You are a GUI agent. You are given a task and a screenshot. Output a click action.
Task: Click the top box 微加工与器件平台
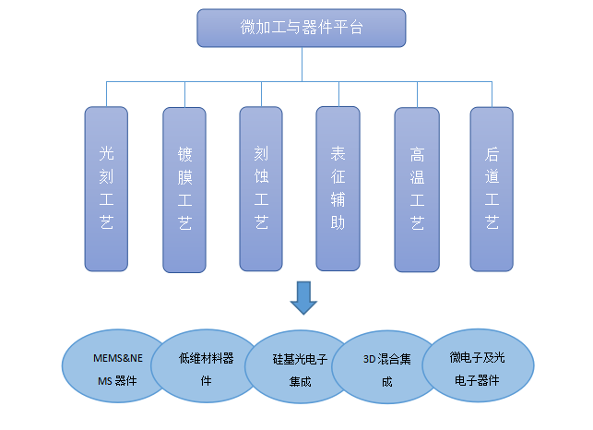tap(301, 28)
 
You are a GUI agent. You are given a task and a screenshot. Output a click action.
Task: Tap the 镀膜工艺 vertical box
tap(184, 189)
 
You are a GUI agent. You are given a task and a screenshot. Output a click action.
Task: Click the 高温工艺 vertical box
tap(416, 189)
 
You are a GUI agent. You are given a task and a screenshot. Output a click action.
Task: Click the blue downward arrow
tap(302, 298)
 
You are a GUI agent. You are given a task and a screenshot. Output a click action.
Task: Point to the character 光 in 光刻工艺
tap(106, 150)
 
